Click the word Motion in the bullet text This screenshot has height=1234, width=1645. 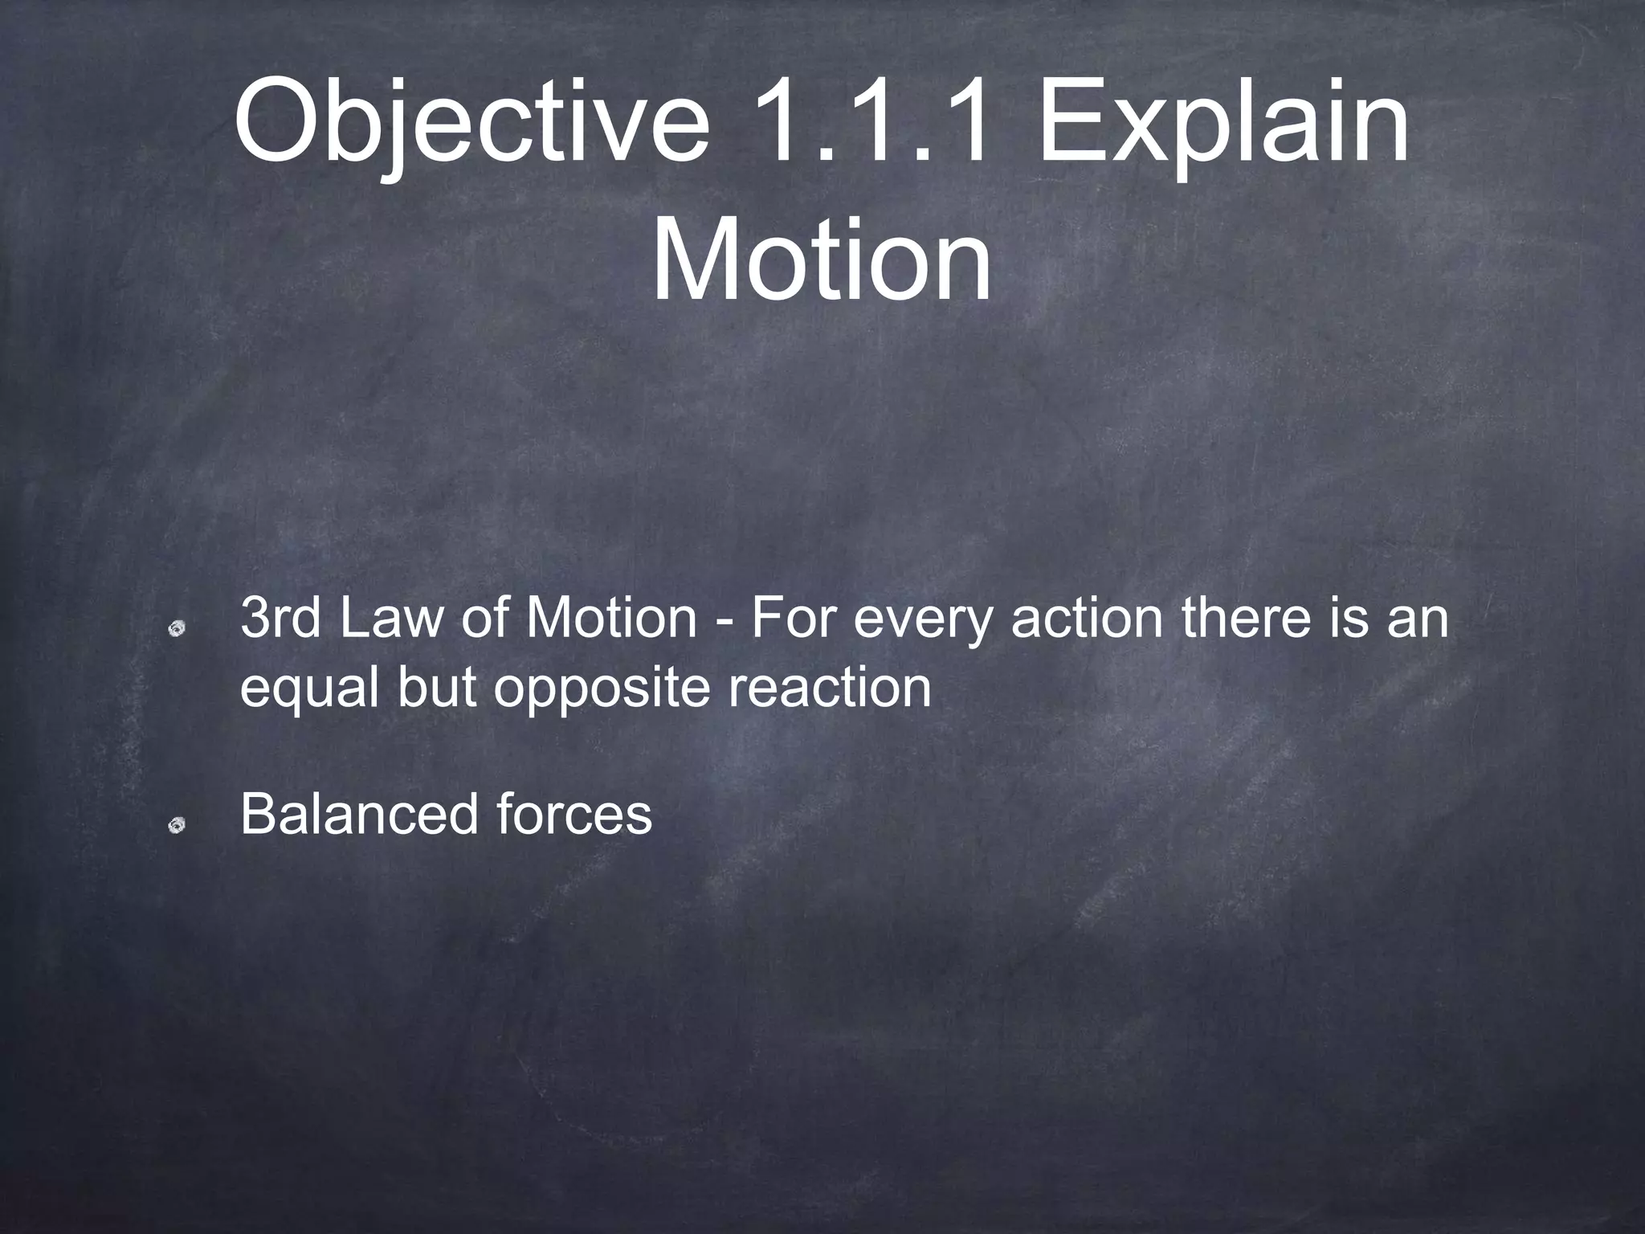click(x=611, y=619)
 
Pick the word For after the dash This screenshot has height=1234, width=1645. click(x=795, y=619)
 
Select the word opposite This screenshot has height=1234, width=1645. click(x=602, y=689)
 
